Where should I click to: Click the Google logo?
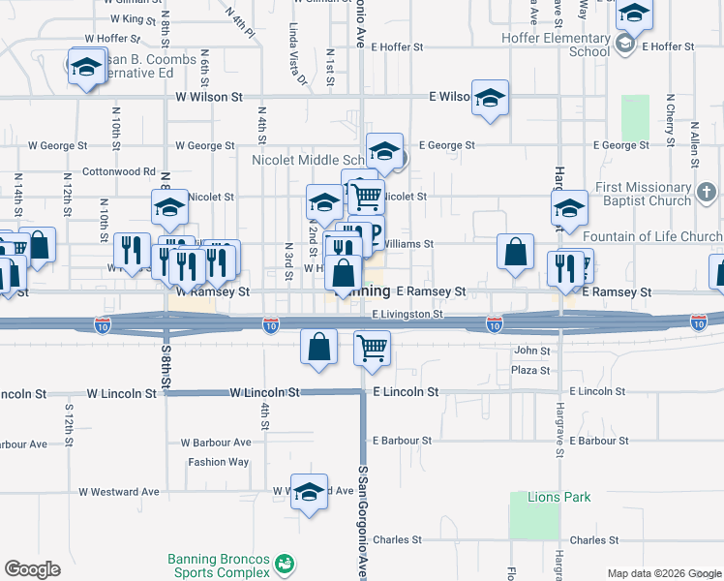32,569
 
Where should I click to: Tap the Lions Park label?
558,498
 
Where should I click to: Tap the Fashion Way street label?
218,462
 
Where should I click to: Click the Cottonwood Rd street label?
119,171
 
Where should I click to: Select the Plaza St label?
531,371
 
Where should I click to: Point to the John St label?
531,351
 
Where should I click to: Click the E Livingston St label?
407,314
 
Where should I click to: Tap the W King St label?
134,18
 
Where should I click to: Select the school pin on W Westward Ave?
309,493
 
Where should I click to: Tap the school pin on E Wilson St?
491,97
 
